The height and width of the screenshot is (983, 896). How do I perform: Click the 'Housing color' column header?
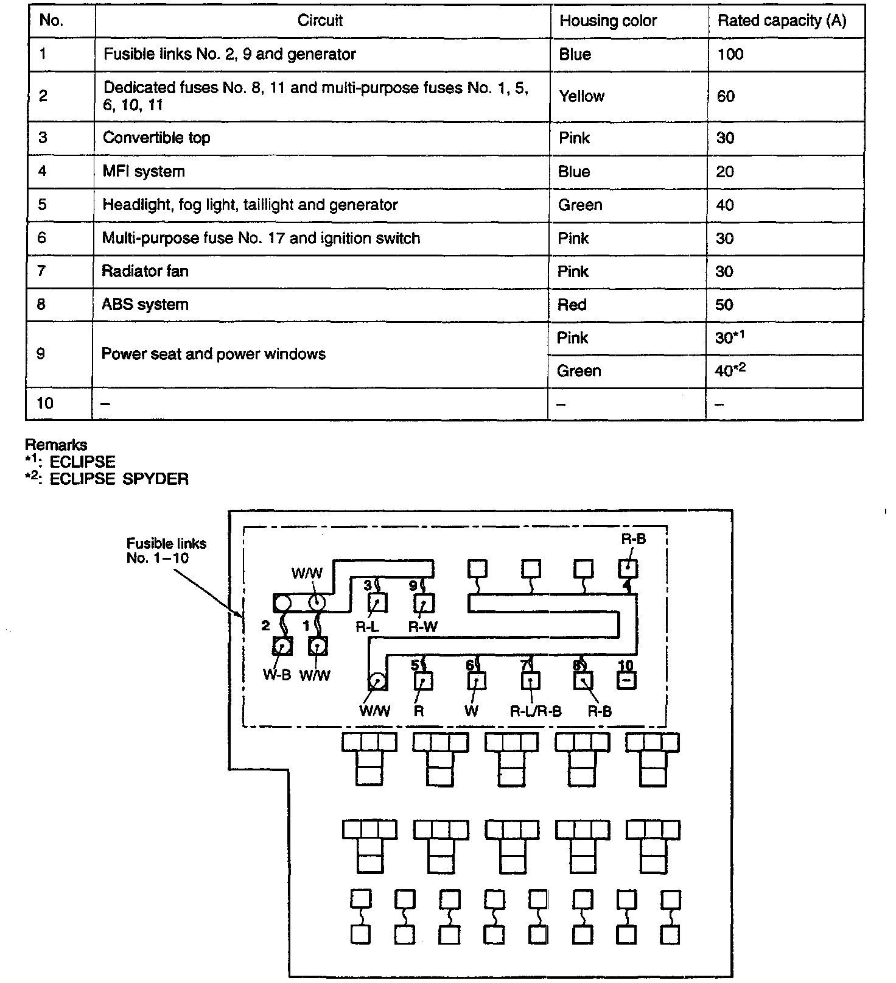pos(608,21)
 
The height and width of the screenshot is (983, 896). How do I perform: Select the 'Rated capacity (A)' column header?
pos(782,21)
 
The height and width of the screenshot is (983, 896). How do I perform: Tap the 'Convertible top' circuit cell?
pos(156,138)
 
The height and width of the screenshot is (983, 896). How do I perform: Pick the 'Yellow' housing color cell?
pos(581,96)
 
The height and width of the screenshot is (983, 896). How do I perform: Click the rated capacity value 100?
pos(730,54)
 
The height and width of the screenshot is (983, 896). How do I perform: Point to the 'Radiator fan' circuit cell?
pos(145,271)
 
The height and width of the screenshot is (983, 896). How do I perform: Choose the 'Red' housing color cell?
pos(572,305)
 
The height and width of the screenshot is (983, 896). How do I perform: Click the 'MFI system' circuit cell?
pos(144,171)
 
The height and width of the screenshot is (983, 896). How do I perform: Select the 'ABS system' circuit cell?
pos(145,305)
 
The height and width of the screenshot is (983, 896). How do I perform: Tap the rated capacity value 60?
pos(726,96)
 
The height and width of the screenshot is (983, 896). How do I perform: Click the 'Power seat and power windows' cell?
pos(213,354)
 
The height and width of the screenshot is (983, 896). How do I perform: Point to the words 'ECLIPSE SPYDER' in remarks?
pos(119,479)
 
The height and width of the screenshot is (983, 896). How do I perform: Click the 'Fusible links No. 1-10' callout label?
pos(166,551)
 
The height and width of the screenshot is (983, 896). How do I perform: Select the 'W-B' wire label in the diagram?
pos(277,675)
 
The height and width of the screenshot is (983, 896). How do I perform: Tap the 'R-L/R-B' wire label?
pos(536,711)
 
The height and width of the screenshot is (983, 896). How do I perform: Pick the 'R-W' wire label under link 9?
pos(422,627)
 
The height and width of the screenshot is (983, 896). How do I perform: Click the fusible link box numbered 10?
pos(626,680)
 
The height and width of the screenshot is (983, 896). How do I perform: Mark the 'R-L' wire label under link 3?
pos(368,627)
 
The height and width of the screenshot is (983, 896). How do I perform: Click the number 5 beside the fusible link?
pos(415,665)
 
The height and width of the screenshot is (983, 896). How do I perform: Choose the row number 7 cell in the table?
pos(41,271)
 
